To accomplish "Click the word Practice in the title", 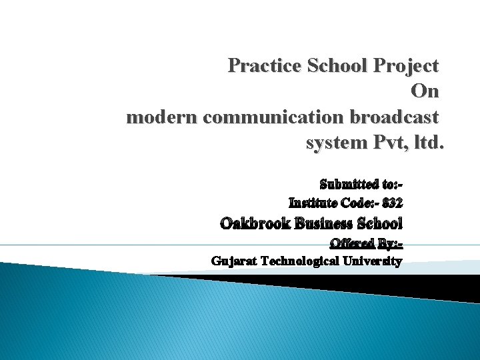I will click(x=263, y=66).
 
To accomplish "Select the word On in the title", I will click(x=425, y=91).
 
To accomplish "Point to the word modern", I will click(x=161, y=117).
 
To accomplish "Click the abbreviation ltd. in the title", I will click(x=427, y=143).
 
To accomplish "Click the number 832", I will click(x=392, y=202).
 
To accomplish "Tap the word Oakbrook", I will click(x=255, y=223).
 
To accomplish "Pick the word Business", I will click(x=323, y=223).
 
